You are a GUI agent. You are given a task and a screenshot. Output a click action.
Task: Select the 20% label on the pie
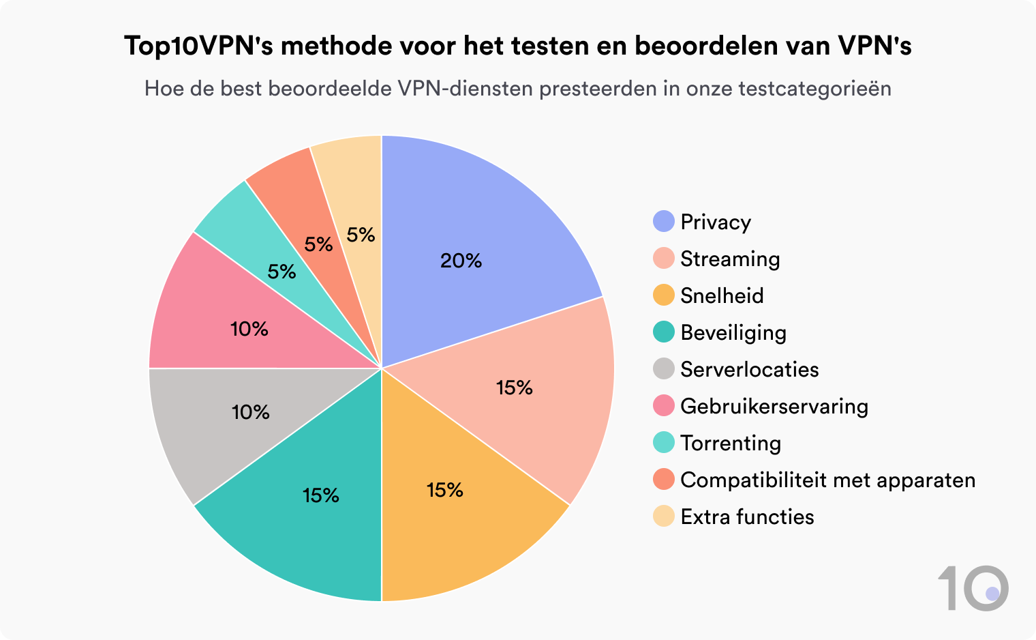(x=461, y=261)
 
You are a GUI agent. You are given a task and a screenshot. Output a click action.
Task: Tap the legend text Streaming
(x=730, y=259)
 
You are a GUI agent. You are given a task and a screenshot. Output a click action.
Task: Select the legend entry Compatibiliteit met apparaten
(x=827, y=480)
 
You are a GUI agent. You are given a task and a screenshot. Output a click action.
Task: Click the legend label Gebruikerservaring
(x=774, y=406)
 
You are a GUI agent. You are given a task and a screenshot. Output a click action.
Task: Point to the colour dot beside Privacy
(x=663, y=222)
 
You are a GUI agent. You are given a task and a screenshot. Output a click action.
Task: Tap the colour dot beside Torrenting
(x=663, y=443)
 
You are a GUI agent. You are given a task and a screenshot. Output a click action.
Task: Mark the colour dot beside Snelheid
(x=663, y=295)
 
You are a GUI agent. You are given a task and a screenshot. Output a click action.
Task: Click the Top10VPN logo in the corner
(x=973, y=587)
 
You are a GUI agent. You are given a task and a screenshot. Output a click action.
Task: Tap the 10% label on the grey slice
(x=251, y=412)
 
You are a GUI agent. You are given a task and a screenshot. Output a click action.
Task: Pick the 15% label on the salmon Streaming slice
(x=514, y=388)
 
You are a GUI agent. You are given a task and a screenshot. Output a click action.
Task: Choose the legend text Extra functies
(x=747, y=517)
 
